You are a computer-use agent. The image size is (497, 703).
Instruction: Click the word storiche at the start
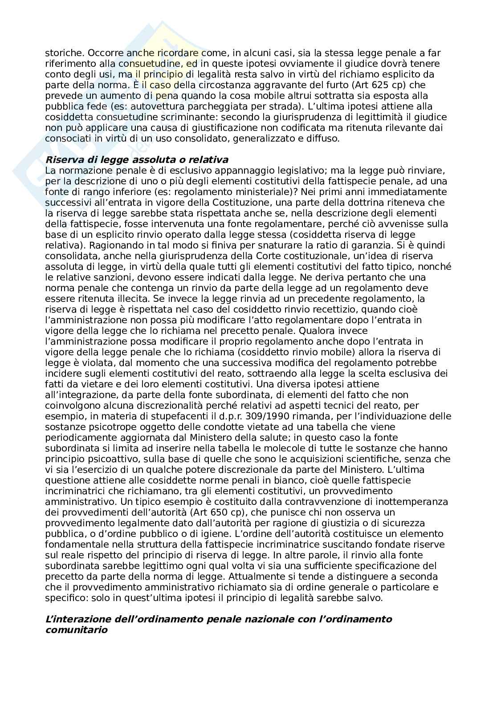60,53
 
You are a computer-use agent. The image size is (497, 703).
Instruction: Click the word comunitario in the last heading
77,630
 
